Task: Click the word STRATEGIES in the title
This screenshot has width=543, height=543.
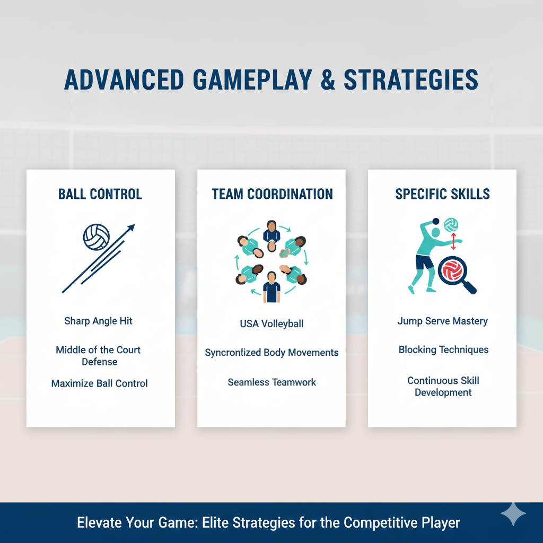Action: point(411,80)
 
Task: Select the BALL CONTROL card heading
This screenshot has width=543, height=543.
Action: point(100,194)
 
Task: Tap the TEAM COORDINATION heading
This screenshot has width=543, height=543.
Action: point(272,194)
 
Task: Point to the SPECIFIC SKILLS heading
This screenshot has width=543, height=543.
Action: point(443,194)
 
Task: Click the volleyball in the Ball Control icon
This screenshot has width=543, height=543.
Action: point(97,237)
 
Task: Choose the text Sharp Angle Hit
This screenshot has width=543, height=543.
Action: point(98,321)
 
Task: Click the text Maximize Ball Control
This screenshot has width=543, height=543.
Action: point(100,383)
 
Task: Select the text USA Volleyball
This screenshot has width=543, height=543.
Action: point(271,323)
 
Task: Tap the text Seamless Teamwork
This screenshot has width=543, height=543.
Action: point(271,382)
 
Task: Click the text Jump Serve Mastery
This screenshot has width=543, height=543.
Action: point(442,321)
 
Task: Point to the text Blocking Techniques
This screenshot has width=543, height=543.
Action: point(443,350)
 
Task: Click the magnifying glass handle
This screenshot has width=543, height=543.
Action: point(469,287)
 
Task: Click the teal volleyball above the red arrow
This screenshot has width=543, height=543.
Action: point(451,224)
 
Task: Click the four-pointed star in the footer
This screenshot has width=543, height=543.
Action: point(513,514)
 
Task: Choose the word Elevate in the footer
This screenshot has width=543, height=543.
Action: point(97,523)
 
